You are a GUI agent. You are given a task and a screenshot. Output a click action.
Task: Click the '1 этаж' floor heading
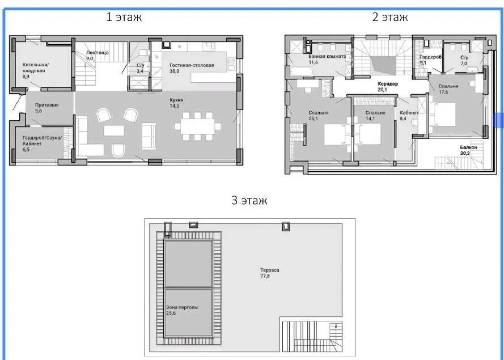point(124,16)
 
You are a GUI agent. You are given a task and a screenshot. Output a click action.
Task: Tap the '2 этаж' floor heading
point(390,16)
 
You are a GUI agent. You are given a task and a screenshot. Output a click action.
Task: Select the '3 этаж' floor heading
point(249,200)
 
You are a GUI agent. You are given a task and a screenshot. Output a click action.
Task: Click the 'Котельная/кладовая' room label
point(35,67)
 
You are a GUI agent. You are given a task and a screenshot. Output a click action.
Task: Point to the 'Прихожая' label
point(46,105)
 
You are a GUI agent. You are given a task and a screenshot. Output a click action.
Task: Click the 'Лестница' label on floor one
point(98,52)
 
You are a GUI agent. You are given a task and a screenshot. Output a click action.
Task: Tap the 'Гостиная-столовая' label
point(192,65)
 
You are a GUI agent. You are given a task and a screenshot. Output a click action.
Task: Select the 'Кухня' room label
point(176,100)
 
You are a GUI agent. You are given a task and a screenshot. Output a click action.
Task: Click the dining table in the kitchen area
point(197,126)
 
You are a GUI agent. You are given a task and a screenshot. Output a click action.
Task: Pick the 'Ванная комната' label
point(327,56)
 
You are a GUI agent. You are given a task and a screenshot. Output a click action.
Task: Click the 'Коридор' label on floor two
point(388,83)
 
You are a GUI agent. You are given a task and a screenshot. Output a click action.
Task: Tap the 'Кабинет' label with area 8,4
point(409,113)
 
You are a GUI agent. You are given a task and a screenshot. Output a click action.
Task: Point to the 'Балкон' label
point(468,147)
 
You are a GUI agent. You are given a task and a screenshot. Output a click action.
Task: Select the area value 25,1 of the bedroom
point(313,118)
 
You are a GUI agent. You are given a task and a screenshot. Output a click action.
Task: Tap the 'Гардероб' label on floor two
point(430,57)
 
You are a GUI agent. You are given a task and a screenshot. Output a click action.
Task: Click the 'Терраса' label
point(270,270)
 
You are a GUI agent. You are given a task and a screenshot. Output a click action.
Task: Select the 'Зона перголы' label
point(182,307)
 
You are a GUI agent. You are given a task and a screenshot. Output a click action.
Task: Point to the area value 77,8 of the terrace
point(265,276)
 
